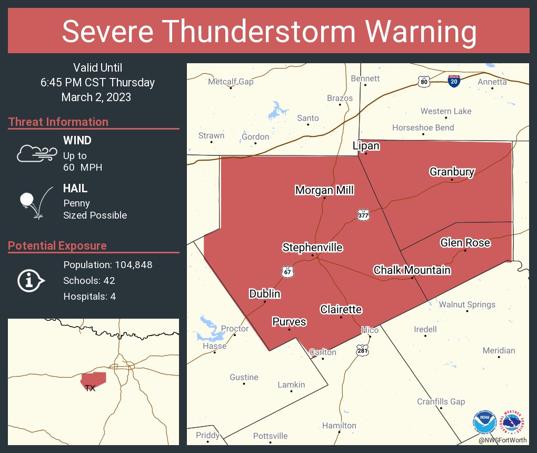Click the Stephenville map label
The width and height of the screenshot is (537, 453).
[312, 248]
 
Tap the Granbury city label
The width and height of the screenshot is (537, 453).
[452, 172]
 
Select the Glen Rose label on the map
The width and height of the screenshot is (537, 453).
[465, 242]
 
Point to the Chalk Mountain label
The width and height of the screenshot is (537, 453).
[412, 270]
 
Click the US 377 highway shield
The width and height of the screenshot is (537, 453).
[363, 215]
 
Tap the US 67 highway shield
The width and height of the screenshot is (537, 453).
[287, 272]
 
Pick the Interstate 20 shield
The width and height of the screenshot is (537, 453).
[453, 81]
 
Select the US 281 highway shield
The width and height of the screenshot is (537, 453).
[363, 350]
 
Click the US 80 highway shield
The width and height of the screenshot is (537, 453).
[424, 81]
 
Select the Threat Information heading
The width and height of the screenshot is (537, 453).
[58, 122]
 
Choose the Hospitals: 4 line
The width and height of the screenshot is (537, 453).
[89, 297]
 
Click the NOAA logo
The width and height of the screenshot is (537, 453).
[484, 422]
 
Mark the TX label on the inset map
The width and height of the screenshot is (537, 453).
[90, 388]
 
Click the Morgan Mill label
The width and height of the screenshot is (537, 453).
[324, 190]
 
